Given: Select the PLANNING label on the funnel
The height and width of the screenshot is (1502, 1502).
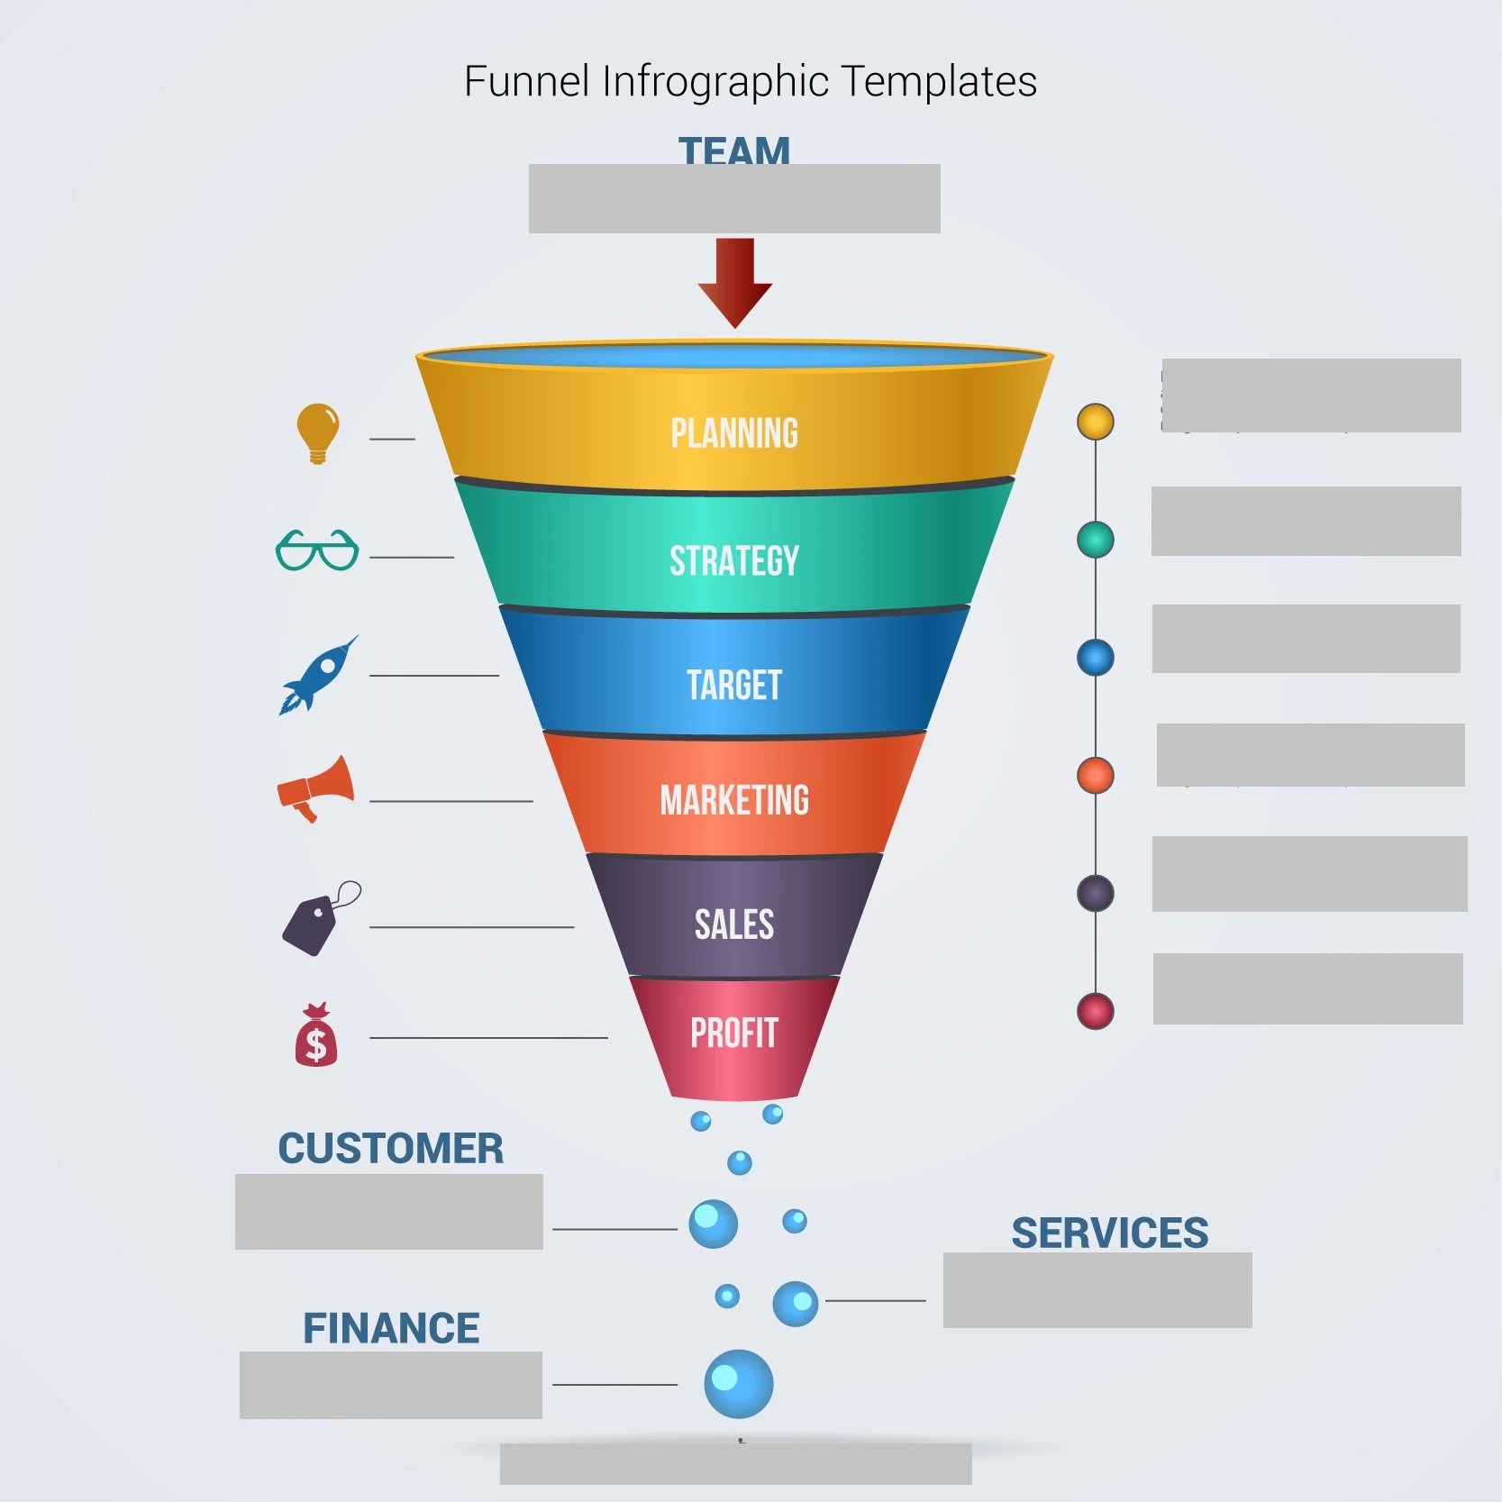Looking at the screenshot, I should tap(734, 433).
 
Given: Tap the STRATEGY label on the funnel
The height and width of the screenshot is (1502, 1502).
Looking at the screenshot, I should tap(734, 560).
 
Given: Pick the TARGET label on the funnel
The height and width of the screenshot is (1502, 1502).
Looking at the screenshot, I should tap(734, 685).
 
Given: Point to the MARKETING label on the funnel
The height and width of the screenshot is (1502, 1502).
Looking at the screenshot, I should tap(734, 800).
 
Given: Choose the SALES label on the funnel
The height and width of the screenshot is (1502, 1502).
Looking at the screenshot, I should tap(734, 924).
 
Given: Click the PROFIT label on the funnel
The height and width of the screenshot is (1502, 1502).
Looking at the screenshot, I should tap(734, 1033).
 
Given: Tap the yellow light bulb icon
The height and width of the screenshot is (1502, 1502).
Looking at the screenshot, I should tap(317, 432).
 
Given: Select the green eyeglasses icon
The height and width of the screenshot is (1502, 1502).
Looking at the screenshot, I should tap(317, 550).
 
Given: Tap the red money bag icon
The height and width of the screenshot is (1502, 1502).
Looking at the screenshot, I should tap(316, 1036).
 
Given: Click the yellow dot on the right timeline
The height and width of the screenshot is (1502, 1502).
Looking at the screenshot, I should tap(1096, 422).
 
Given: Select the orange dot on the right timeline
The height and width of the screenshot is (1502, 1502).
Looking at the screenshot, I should tap(1096, 776).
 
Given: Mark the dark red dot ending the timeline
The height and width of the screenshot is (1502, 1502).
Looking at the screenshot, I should tap(1096, 1011).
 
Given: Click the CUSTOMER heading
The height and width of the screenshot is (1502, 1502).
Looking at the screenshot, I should tap(391, 1149).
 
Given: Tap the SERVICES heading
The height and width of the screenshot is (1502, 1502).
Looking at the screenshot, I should tap(1110, 1233).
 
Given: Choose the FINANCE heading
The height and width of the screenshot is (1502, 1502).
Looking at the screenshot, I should tap(391, 1328).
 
